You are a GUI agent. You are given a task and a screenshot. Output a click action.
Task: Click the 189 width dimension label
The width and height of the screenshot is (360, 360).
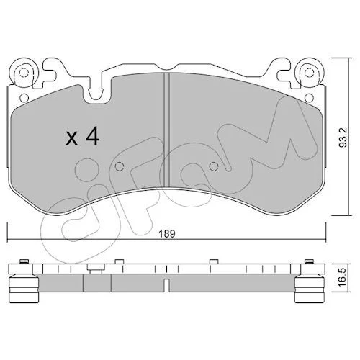[167, 233]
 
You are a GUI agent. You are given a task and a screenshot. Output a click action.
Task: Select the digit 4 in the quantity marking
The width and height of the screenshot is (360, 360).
[93, 136]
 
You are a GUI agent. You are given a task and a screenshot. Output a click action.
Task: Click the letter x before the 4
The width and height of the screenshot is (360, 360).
[72, 139]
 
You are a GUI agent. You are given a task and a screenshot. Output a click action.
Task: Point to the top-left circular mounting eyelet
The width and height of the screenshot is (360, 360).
[23, 72]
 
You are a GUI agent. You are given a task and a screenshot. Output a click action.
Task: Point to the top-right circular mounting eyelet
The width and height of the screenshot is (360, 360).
[309, 72]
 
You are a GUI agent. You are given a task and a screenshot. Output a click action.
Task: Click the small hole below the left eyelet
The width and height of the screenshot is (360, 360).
[24, 98]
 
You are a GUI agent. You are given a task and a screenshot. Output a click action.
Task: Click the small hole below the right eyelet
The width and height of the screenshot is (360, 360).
[309, 98]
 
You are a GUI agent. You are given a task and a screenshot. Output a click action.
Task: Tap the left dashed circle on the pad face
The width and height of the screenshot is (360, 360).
[120, 166]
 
